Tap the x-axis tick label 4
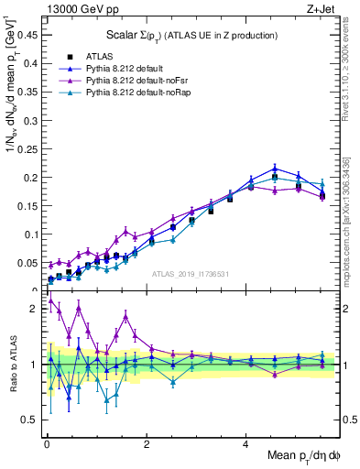[245, 444]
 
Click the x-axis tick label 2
[146, 444]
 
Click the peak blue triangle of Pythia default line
[275, 168]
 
